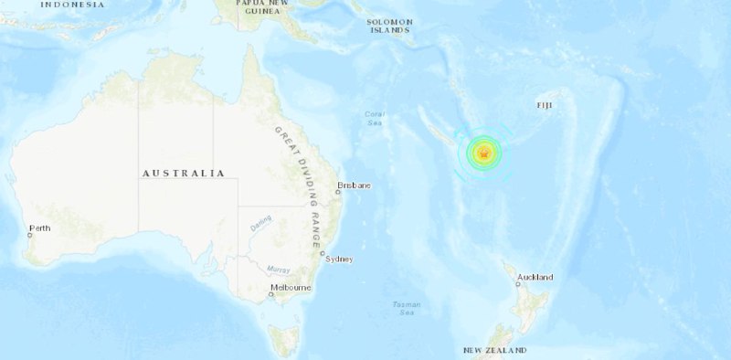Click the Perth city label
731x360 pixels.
point(40,228)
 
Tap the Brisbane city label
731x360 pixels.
point(355,185)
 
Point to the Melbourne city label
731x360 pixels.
point(291,289)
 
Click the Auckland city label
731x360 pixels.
point(535,277)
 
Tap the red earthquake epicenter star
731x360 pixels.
point(483,154)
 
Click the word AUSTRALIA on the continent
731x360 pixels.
point(183,173)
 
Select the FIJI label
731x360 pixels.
point(546,106)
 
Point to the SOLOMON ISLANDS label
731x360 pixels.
point(388,26)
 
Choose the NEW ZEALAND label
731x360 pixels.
point(494,351)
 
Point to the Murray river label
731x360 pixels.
point(279,269)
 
